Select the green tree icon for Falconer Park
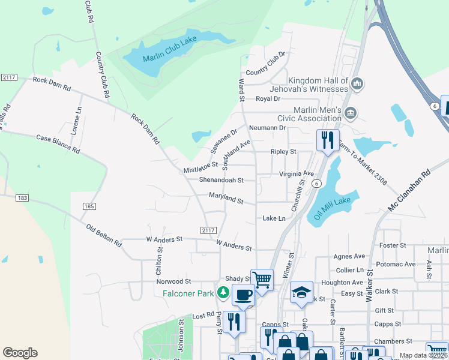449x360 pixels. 223,292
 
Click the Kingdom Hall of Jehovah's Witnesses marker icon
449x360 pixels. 357,83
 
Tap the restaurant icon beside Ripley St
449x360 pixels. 328,140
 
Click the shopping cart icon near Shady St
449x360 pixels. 262,279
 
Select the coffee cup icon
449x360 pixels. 243,294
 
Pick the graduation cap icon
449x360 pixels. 302,292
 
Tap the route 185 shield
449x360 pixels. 89,206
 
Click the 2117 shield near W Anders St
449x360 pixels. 208,230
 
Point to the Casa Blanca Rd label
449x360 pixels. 58,144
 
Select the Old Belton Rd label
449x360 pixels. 104,236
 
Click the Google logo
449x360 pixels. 20,353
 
